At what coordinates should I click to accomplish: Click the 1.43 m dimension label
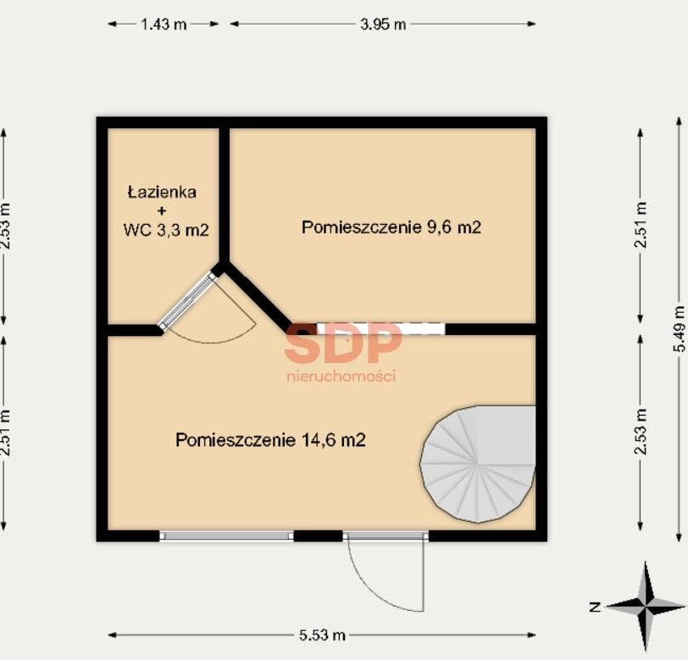tap(164, 24)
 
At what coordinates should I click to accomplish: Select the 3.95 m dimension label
tap(383, 24)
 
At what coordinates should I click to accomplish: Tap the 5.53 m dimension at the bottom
tap(322, 635)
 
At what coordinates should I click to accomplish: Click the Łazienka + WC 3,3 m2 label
tap(165, 211)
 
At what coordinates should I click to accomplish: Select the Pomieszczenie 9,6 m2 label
tap(391, 227)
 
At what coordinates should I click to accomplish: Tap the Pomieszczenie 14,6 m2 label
tap(270, 439)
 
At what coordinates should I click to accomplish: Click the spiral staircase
tap(478, 464)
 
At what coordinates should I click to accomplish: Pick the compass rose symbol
tap(646, 607)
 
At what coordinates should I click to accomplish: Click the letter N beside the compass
tap(595, 607)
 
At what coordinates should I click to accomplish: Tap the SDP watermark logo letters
tap(343, 343)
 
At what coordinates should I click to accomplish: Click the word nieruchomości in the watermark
tap(341, 376)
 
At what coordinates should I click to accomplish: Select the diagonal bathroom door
tap(188, 301)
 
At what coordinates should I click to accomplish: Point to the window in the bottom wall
tap(226, 535)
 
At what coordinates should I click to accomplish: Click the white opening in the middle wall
tap(381, 328)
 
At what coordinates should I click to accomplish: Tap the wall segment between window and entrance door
tap(318, 535)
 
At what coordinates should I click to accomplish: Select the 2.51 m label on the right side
tap(641, 225)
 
